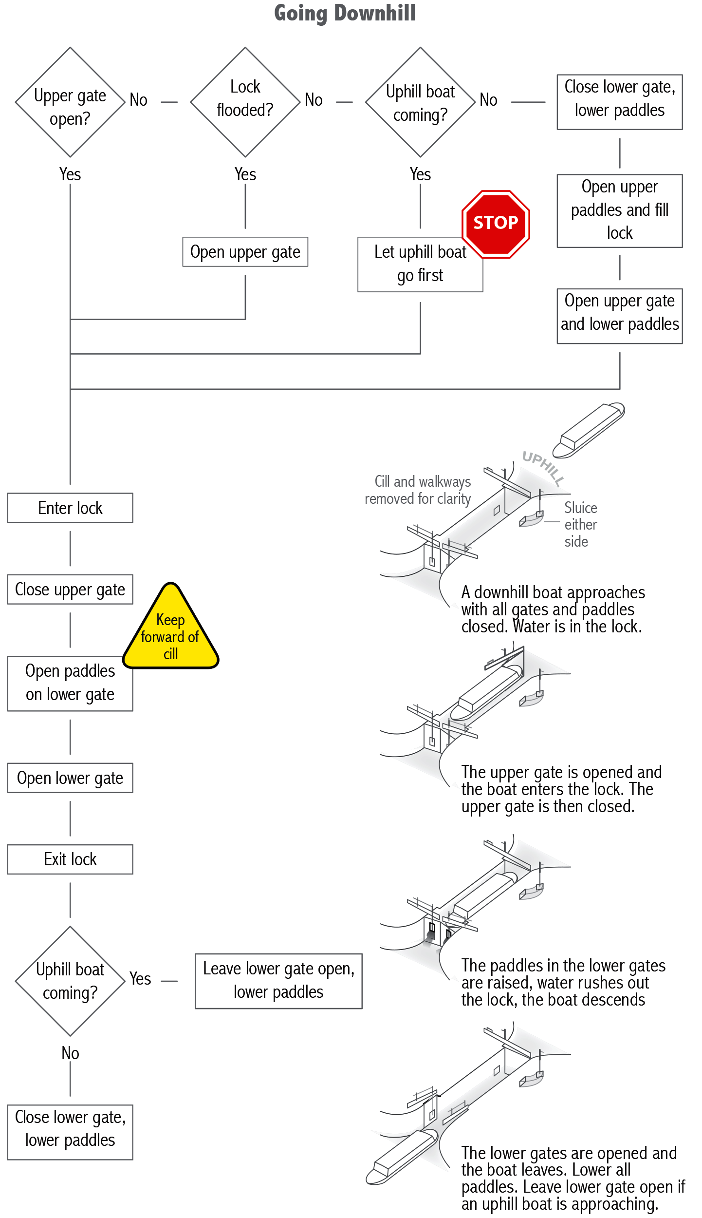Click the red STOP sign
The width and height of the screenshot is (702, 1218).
496,224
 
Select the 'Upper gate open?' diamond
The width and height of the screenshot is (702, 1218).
70,102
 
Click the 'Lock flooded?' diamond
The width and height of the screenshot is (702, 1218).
245,102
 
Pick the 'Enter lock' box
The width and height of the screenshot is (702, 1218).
70,508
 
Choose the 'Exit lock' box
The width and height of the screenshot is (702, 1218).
70,859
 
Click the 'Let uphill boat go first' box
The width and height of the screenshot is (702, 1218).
420,265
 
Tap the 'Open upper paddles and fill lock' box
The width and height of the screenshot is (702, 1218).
620,211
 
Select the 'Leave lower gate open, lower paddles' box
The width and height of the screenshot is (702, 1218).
278,981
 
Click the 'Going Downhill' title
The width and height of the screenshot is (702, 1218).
345,13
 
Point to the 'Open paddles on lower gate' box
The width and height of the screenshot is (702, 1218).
70,683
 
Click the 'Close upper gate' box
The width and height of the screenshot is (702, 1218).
70,589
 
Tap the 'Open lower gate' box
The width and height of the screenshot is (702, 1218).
70,778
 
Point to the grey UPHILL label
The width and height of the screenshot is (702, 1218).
543,468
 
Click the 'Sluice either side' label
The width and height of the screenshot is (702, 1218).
580,524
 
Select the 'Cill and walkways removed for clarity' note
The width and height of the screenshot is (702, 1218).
418,490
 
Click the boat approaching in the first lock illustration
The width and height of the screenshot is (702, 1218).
589,430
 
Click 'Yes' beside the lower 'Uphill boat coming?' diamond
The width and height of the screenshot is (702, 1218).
140,978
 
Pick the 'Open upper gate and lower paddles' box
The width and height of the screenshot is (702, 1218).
620,316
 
